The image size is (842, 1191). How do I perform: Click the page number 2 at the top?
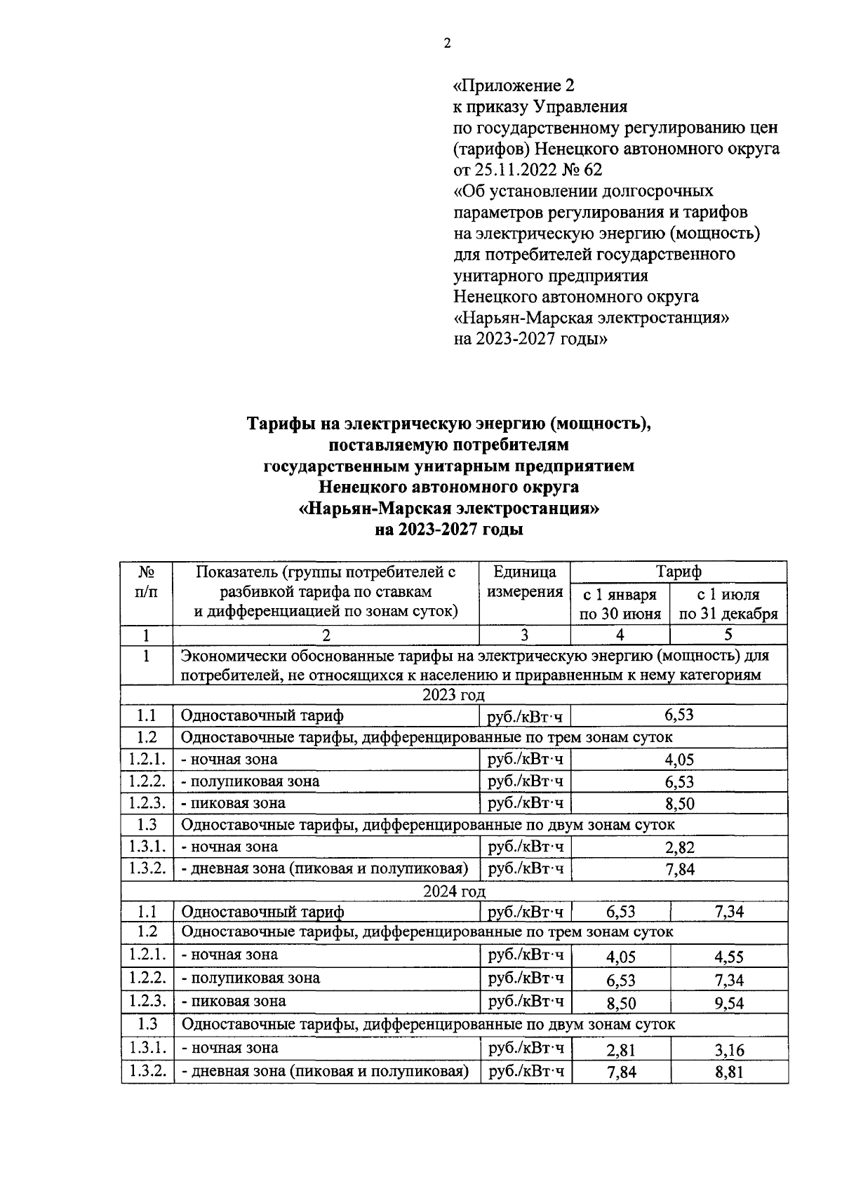coord(448,44)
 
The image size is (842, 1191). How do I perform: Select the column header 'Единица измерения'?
coord(525,581)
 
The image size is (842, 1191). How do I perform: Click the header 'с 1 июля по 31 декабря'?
coord(728,604)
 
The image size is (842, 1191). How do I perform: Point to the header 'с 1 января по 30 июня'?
coord(620,604)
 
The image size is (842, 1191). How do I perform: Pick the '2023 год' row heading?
coord(453,695)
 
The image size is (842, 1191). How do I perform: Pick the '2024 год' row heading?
coord(453,891)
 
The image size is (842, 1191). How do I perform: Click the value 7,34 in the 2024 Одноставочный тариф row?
coord(729,912)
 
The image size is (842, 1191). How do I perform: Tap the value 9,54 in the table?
coord(729,1003)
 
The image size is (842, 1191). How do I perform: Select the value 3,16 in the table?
coord(729,1050)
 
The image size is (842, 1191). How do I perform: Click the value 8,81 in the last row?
coord(729,1072)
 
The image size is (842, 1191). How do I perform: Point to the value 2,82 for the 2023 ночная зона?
coord(679,848)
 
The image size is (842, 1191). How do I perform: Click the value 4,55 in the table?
coord(729,957)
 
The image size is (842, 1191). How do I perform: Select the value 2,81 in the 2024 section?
coord(620,1050)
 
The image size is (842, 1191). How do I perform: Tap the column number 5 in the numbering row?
coord(728,635)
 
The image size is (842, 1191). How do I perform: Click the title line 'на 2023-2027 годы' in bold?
coord(449,530)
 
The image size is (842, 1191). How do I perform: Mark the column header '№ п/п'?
coord(147,581)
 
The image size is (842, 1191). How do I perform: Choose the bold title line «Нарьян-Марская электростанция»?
coord(449,508)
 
